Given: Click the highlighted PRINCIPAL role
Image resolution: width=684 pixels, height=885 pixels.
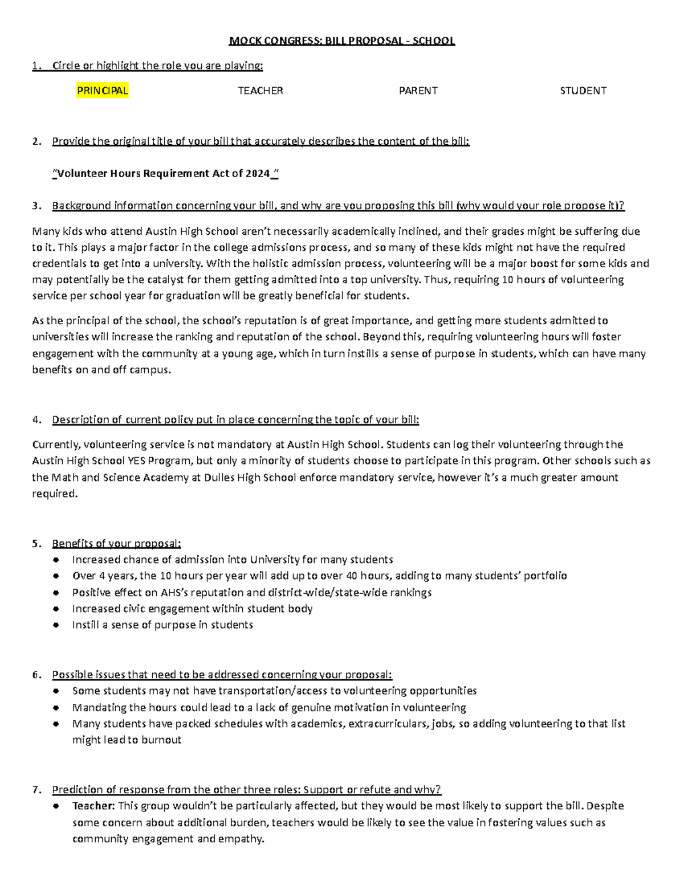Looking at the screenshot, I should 103,91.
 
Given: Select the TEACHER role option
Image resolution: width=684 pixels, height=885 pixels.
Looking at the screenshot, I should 260,91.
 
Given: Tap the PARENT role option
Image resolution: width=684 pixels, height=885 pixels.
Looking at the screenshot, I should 418,91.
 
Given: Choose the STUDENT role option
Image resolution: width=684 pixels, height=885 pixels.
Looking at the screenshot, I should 583,91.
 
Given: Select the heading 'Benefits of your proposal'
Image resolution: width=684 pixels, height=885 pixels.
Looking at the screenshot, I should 116,543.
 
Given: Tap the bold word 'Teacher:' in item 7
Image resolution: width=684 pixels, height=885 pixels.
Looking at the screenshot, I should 93,806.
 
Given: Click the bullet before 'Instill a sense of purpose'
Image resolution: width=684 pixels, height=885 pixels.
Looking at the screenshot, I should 55,625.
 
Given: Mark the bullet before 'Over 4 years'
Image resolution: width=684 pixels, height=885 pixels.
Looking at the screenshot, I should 55,576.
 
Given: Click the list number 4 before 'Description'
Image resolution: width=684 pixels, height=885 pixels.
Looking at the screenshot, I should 36,420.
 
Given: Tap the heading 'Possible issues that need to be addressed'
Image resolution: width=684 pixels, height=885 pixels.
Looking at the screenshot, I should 222,675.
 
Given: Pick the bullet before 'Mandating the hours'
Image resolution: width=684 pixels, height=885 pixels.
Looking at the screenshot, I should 55,708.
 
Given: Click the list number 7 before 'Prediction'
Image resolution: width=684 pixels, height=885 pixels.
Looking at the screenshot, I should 36,790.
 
